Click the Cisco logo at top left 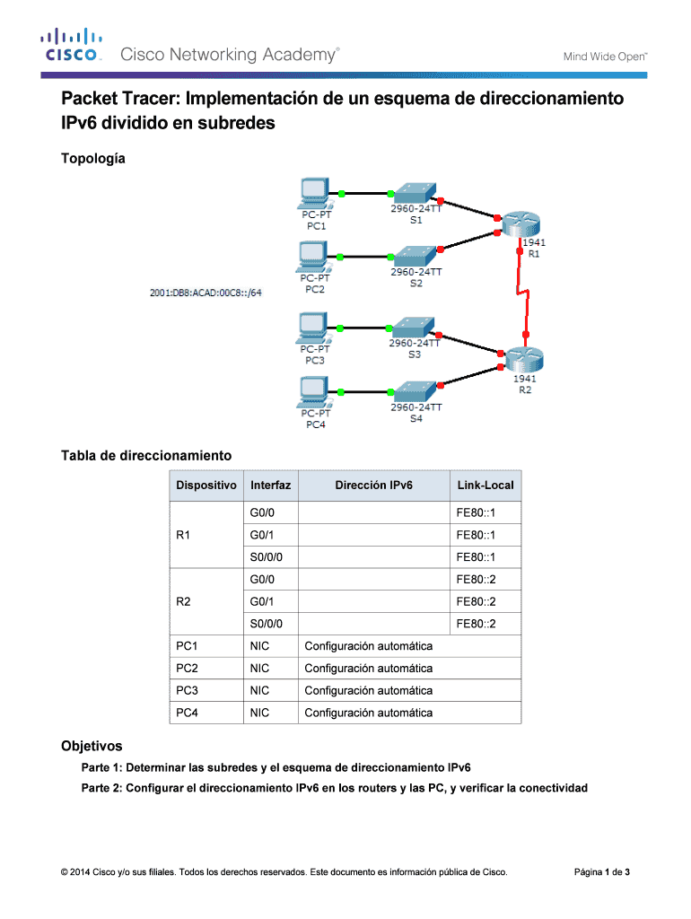click(69, 46)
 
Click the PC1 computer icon click(313, 193)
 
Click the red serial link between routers click(522, 296)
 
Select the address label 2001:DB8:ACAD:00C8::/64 click(206, 292)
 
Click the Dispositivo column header click(206, 486)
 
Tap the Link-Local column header click(485, 486)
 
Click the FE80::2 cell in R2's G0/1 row click(476, 601)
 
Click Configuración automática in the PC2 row click(369, 669)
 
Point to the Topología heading click(92, 159)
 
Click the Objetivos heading click(91, 746)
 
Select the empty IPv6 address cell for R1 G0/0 click(372, 513)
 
